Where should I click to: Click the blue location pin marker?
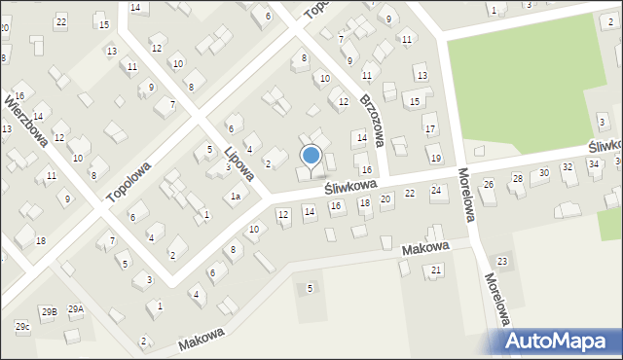311,156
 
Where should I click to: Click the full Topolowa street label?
130,179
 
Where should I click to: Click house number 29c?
21,326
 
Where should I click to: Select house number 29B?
49,311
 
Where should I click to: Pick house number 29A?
75,309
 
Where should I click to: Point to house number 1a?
235,197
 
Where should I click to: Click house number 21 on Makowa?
436,270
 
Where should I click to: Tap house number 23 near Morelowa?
502,261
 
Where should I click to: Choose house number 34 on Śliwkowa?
594,164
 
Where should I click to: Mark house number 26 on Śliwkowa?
489,184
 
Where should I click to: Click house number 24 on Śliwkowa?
436,190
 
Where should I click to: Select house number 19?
435,158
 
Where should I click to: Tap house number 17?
429,128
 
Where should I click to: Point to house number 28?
518,178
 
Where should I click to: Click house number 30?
543,172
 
